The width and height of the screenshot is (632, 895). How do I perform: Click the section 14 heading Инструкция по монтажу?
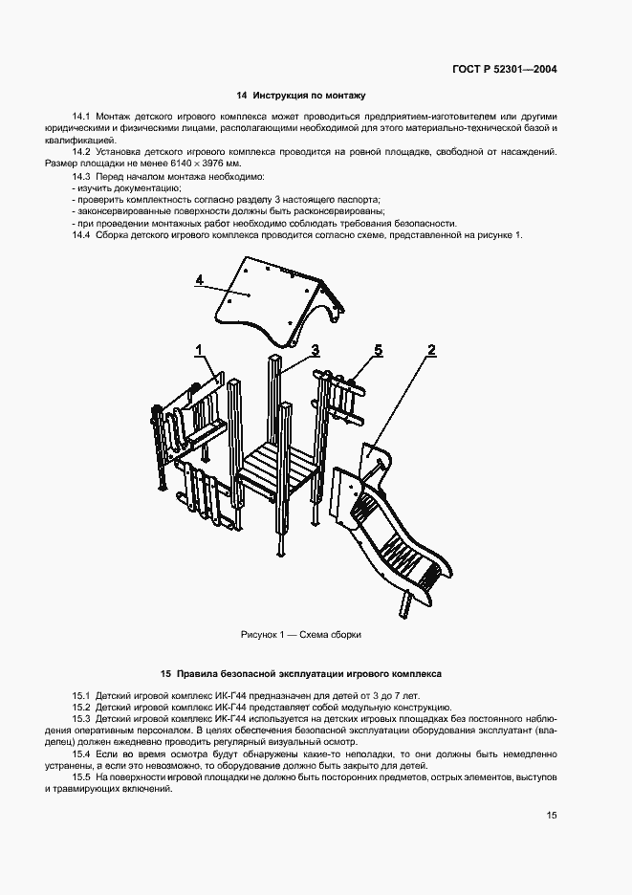tap(301, 96)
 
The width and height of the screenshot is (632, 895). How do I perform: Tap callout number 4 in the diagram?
tap(199, 279)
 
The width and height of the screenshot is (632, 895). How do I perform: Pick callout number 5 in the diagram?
tap(379, 351)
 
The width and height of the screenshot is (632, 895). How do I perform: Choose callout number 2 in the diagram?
tap(431, 350)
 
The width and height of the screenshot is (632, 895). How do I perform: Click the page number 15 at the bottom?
tap(552, 816)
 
